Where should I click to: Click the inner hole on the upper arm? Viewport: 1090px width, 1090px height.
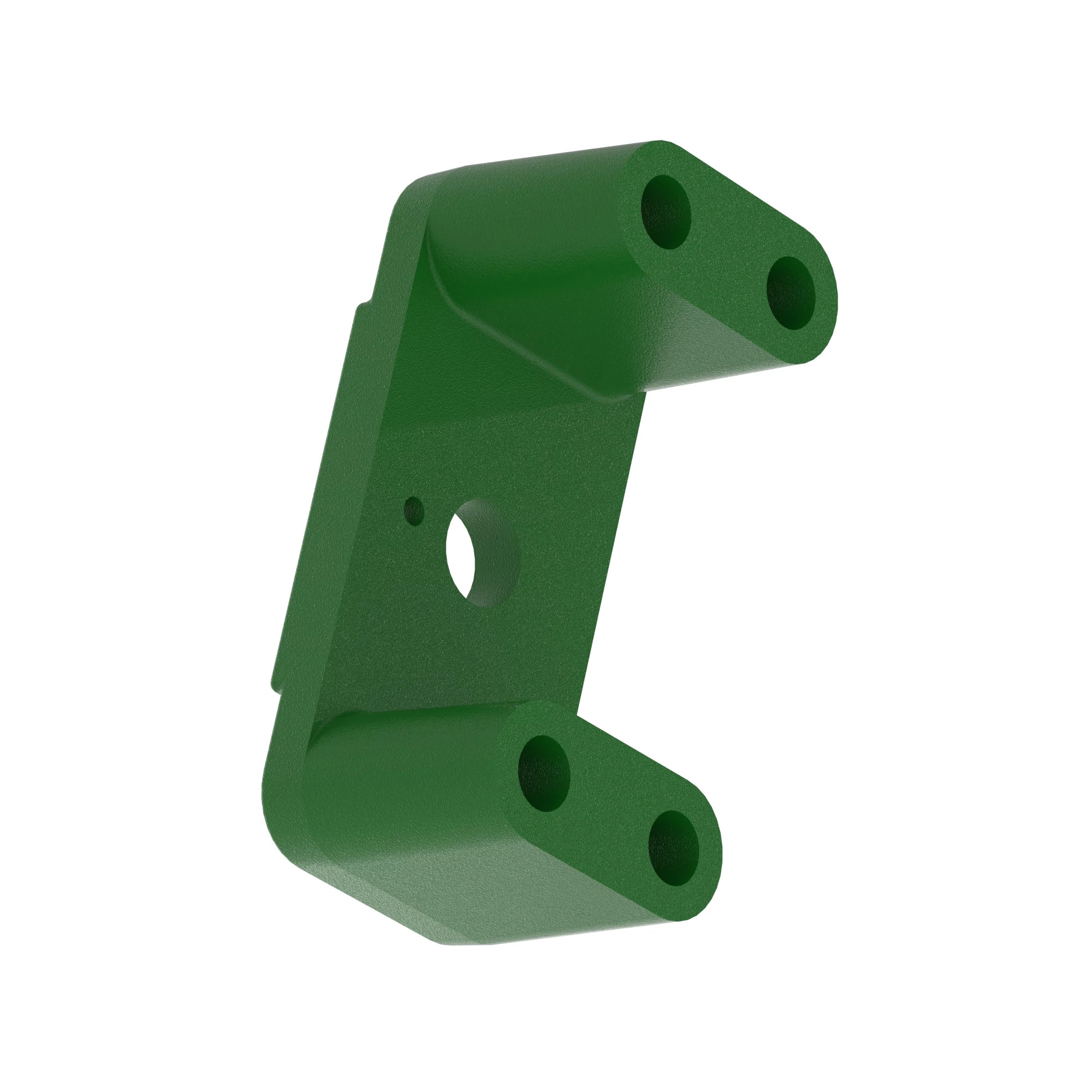[667, 212]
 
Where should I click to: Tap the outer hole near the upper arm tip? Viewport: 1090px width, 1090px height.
[791, 293]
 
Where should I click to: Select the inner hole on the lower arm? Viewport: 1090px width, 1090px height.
[544, 773]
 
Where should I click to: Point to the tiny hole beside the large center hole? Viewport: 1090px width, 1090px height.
[415, 511]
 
